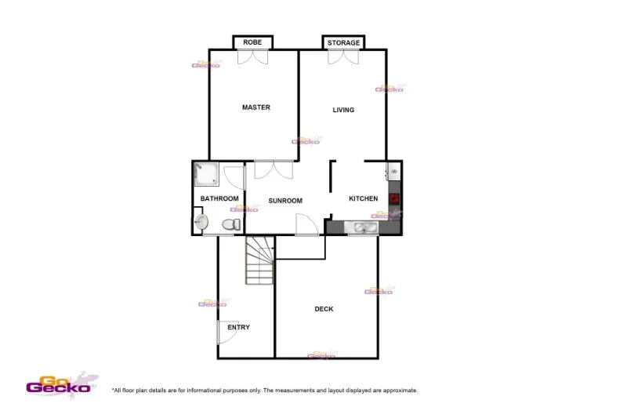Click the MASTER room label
(256, 107)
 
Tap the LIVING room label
(343, 110)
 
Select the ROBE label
(252, 42)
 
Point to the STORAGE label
(343, 42)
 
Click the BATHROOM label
(219, 198)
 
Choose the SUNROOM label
(285, 201)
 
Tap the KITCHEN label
(364, 198)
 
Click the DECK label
(324, 309)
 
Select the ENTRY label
(238, 327)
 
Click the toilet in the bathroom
(230, 225)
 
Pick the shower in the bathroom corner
(206, 174)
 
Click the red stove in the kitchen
(394, 198)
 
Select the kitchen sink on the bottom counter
(365, 228)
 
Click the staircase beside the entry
(260, 261)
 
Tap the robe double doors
(253, 58)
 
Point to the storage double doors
(343, 58)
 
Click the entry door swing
(225, 333)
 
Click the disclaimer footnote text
(265, 390)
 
